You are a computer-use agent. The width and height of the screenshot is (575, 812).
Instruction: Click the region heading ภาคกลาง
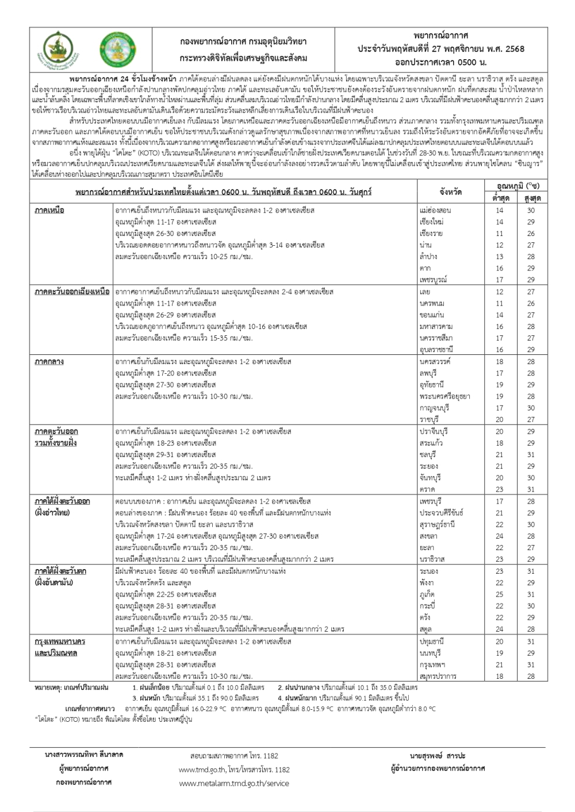pos(49,362)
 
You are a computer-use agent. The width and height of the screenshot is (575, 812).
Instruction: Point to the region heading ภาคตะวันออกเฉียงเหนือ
pos(72,292)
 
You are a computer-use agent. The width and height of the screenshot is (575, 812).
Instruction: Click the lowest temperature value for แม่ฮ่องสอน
pos(499,210)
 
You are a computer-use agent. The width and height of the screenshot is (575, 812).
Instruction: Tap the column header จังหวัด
pos(450,192)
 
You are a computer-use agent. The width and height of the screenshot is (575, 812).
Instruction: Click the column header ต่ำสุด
pos(499,198)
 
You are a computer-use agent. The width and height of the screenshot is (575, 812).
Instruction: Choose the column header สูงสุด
pos(531,198)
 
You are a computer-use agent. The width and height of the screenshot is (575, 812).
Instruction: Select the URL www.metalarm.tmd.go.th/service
pos(234,783)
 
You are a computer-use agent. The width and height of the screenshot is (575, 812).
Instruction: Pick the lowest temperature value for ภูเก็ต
pos(499,594)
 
